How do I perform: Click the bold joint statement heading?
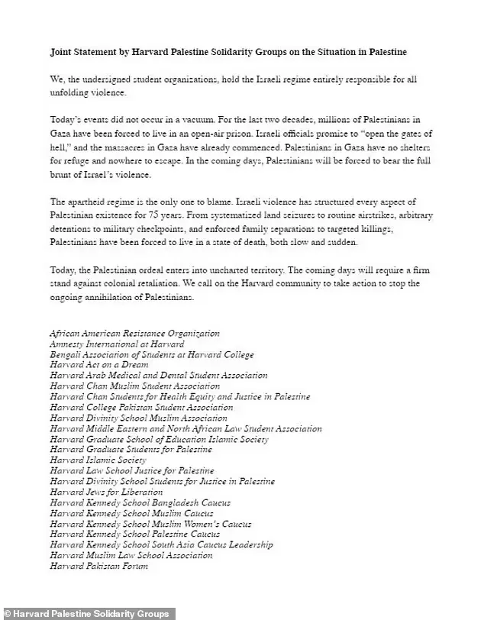point(228,53)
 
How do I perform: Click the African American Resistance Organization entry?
point(134,333)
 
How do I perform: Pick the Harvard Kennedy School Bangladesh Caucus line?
point(140,502)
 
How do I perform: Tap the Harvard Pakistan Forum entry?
point(98,566)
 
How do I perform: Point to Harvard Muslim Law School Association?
point(131,555)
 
